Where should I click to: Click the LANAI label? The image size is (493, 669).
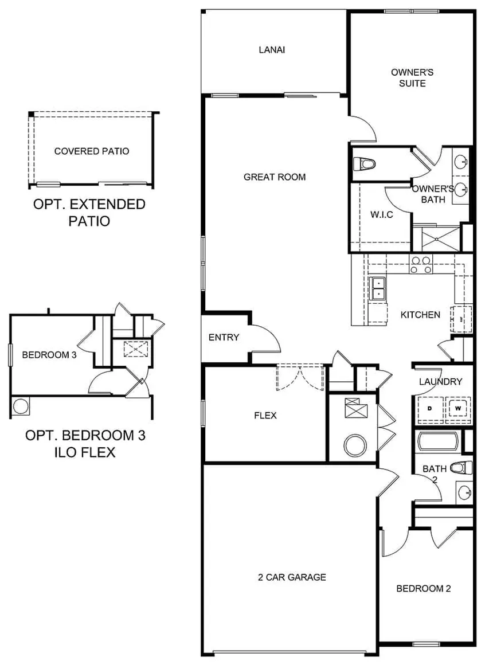(x=272, y=50)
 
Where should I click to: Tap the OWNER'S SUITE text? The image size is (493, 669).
(x=412, y=78)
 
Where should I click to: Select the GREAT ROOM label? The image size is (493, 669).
(x=275, y=177)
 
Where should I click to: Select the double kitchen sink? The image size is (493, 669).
(x=378, y=288)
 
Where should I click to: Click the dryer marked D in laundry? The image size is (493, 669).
(x=431, y=408)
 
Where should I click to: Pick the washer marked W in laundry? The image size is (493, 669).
(x=458, y=408)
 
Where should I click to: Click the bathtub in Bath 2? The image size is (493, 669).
(x=437, y=442)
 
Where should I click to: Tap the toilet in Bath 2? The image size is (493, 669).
(x=461, y=468)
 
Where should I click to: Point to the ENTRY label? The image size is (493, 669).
(x=224, y=338)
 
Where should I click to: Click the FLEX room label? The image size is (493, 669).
(x=265, y=415)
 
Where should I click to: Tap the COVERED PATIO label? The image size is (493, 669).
(x=92, y=151)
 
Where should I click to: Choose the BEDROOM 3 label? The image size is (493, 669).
(x=49, y=355)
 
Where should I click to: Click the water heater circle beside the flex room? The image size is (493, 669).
(x=354, y=445)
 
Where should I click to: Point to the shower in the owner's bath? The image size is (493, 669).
(x=437, y=238)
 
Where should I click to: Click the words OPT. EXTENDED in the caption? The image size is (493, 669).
(x=89, y=204)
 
